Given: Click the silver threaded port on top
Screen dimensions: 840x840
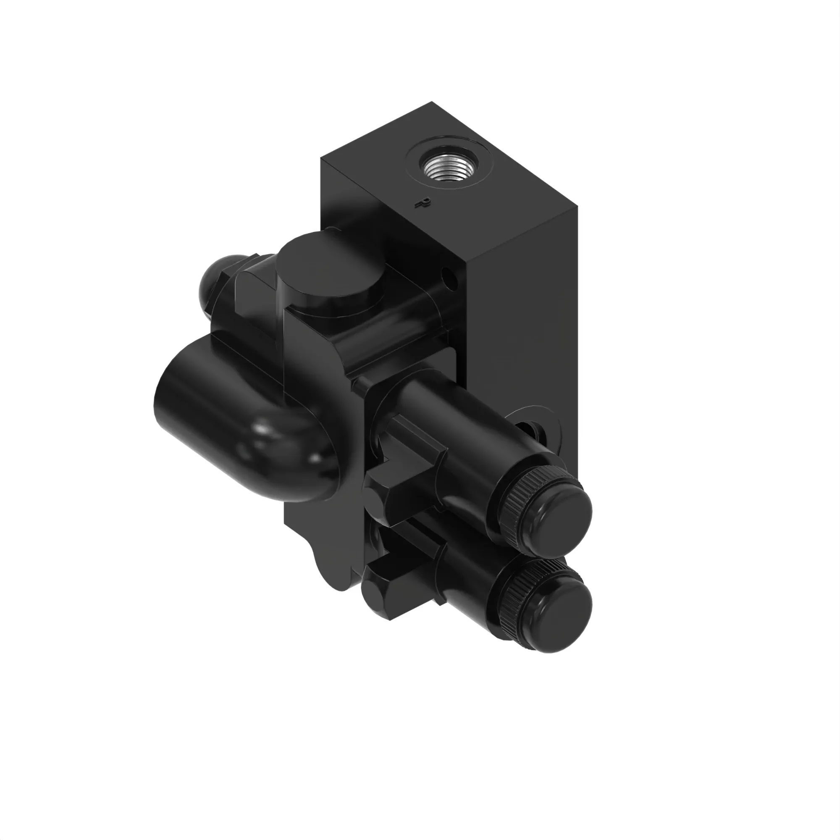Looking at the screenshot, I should [447, 167].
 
